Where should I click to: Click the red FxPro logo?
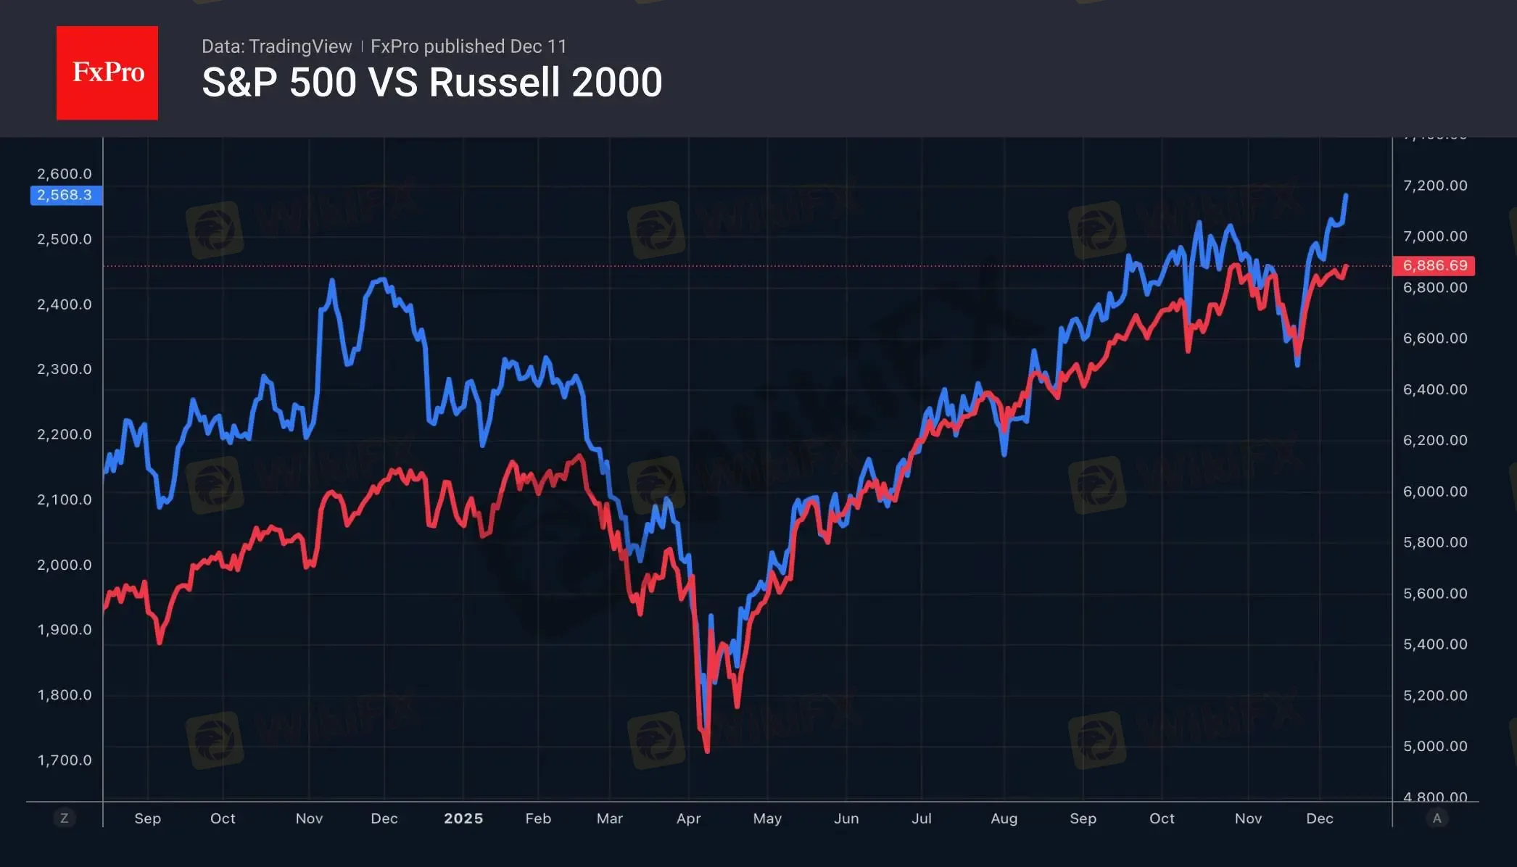click(107, 72)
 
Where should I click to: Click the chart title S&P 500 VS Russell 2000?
click(431, 82)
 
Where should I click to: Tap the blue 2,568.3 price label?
click(65, 195)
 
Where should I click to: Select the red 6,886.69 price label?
click(1434, 265)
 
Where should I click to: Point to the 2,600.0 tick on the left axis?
click(65, 174)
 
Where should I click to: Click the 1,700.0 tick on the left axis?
click(65, 760)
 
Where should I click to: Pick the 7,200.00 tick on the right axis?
click(1434, 186)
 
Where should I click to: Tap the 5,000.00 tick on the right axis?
click(1434, 746)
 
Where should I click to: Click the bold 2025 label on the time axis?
click(463, 818)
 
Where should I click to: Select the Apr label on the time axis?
click(688, 818)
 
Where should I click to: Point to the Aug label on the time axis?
click(1004, 818)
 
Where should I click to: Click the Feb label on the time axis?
click(538, 818)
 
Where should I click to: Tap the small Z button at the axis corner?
click(64, 818)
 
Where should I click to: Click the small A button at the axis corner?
click(1437, 818)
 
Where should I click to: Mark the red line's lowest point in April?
click(707, 752)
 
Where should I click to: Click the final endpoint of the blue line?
click(1346, 195)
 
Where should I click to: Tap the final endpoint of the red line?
click(1347, 266)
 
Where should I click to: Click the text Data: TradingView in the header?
click(276, 46)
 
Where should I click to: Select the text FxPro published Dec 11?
click(468, 46)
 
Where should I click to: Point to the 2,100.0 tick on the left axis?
click(65, 499)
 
